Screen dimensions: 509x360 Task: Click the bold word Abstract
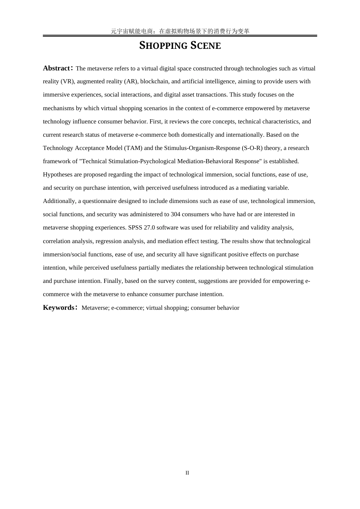(56, 68)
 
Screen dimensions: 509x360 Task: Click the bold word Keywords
(59, 308)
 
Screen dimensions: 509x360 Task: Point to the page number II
(187, 473)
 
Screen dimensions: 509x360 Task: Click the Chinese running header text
(180, 31)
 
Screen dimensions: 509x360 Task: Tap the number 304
(175, 214)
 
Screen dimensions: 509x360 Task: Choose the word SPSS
(135, 228)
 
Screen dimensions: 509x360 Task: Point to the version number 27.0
(149, 228)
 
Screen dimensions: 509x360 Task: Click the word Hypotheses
(58, 175)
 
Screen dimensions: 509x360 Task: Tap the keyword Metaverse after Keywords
(95, 308)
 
